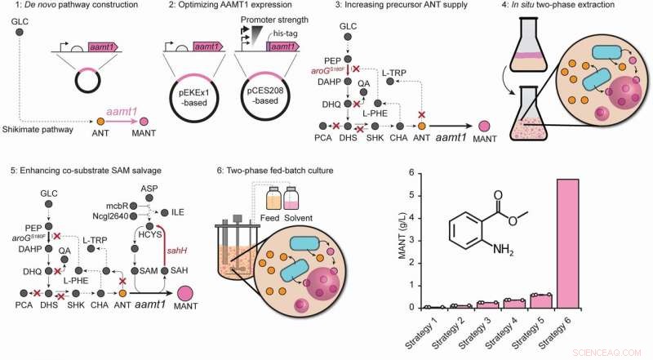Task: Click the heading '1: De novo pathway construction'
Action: (x=74, y=8)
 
